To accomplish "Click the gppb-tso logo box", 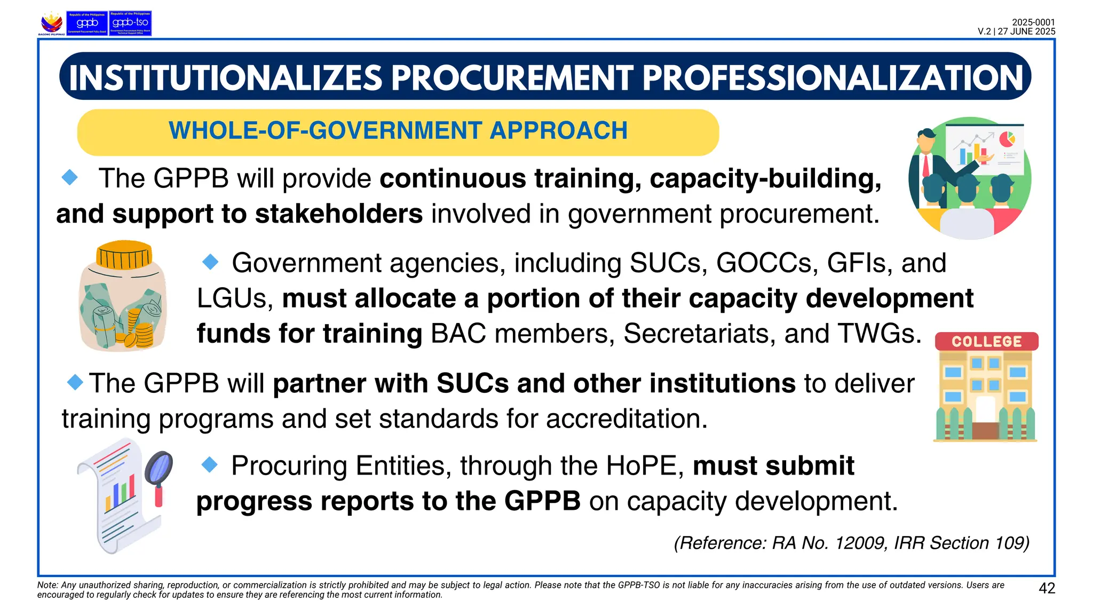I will click(x=130, y=23).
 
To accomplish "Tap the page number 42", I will click(x=1047, y=588).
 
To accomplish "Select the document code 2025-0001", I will click(x=1033, y=22).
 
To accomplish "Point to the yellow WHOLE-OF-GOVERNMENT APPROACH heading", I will click(x=398, y=131).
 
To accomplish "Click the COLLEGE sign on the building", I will click(x=986, y=342).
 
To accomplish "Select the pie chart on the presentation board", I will click(x=1007, y=139).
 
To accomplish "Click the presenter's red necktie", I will click(x=926, y=165).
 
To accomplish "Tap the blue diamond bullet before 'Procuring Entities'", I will click(x=210, y=465).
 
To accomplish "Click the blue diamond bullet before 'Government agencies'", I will click(x=211, y=262).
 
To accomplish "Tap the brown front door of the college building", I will click(x=985, y=430).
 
